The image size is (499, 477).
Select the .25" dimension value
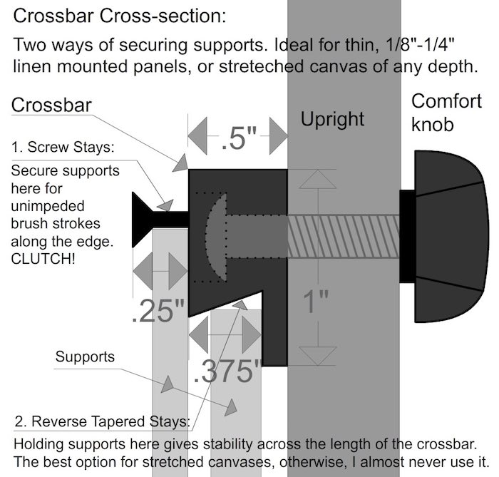click(x=158, y=312)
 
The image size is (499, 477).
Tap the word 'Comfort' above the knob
click(x=447, y=101)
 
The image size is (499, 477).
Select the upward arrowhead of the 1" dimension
click(x=314, y=180)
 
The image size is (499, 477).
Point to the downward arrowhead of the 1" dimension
click(x=314, y=354)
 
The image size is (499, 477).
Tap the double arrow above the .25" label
click(x=158, y=274)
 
